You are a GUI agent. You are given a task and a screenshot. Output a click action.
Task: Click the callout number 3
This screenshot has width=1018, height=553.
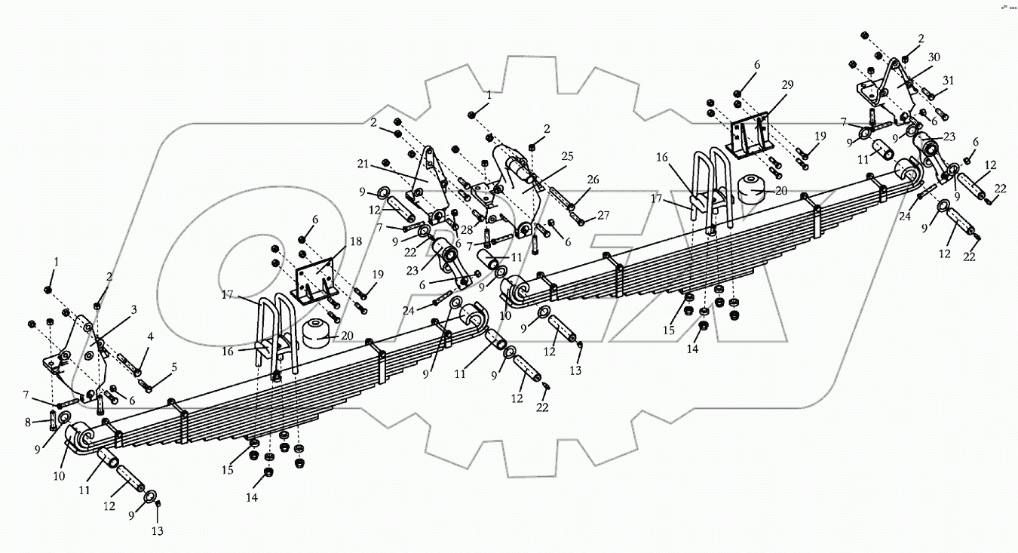134,309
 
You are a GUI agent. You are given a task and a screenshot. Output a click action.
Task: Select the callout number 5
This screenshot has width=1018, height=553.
175,367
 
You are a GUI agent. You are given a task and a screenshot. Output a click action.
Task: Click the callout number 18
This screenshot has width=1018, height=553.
355,241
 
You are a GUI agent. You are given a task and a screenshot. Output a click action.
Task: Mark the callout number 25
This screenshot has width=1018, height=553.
567,157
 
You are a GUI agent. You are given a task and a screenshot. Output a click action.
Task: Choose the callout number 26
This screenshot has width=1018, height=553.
593,180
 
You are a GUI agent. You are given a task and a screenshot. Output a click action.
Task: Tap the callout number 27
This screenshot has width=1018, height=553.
603,215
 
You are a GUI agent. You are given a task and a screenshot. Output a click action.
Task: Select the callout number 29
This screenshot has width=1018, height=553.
787,86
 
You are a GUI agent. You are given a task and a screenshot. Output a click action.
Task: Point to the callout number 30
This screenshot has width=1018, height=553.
934,57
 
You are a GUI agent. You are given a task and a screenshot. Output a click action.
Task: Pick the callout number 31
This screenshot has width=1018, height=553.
948,81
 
